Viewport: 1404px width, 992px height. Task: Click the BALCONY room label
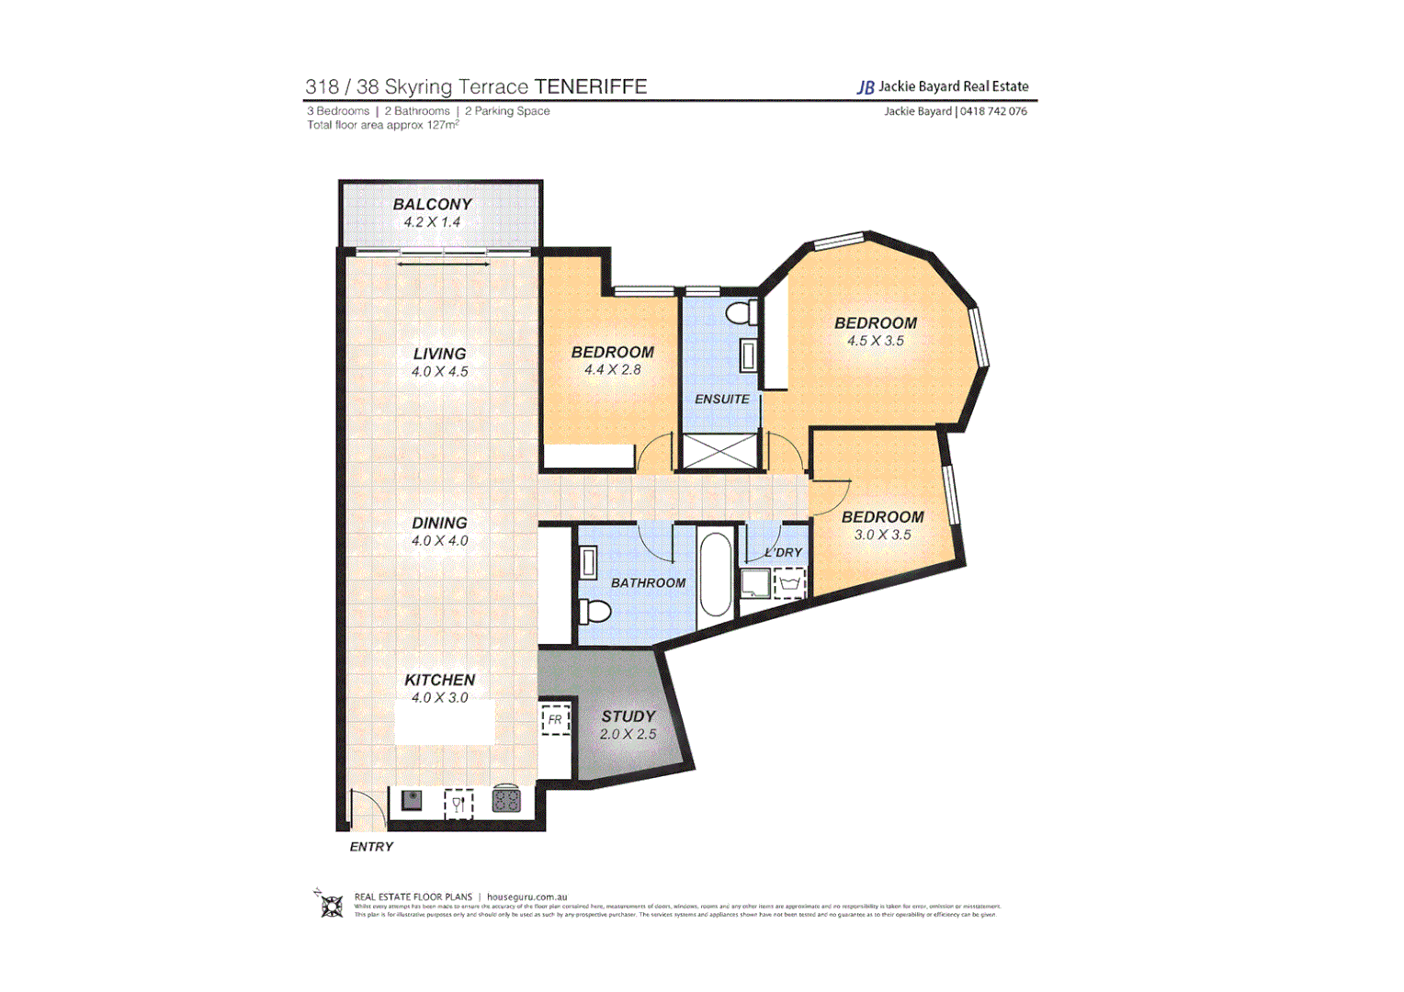[x=432, y=204]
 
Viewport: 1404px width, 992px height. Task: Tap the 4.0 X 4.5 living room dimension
[x=439, y=372]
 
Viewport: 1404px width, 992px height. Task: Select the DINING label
[x=439, y=523]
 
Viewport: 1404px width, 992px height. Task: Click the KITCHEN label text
[x=439, y=680]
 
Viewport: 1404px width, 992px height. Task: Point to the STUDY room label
[x=628, y=716]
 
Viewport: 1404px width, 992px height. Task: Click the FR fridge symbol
[x=555, y=720]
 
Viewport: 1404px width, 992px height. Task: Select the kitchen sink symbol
[x=411, y=800]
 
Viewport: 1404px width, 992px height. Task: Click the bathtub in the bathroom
[x=716, y=575]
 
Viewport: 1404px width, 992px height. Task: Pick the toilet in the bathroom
[x=595, y=610]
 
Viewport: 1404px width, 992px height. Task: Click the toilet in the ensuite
[x=742, y=313]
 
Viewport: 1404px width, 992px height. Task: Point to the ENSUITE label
[x=721, y=400]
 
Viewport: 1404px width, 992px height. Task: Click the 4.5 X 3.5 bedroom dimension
[x=875, y=341]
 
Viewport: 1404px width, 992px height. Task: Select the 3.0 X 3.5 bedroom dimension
[x=882, y=535]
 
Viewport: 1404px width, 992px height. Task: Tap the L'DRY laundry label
[x=784, y=552]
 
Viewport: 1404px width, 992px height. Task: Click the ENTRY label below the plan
[x=371, y=847]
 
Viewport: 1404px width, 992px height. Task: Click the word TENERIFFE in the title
[x=591, y=86]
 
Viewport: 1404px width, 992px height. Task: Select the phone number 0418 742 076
[x=993, y=111]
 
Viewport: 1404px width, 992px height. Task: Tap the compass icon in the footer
[x=331, y=905]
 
